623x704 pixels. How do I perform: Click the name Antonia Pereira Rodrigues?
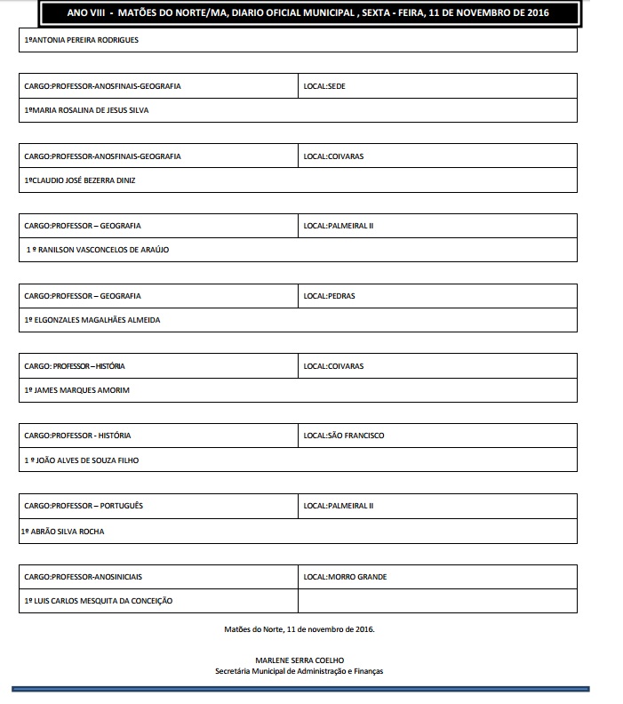(82, 41)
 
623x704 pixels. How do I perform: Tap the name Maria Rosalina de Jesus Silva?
(86, 110)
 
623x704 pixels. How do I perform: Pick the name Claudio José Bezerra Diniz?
(80, 180)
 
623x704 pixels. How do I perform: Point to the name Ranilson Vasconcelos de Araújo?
(98, 250)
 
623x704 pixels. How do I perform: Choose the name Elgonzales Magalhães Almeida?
(92, 320)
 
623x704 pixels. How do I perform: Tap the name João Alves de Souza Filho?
(82, 460)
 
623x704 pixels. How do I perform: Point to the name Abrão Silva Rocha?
(67, 531)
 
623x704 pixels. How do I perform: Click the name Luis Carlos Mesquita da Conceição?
(99, 601)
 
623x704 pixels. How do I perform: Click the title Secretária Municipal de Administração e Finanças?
(300, 672)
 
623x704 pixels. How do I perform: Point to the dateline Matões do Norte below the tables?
(300, 628)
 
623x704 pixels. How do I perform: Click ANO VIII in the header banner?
(84, 12)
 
